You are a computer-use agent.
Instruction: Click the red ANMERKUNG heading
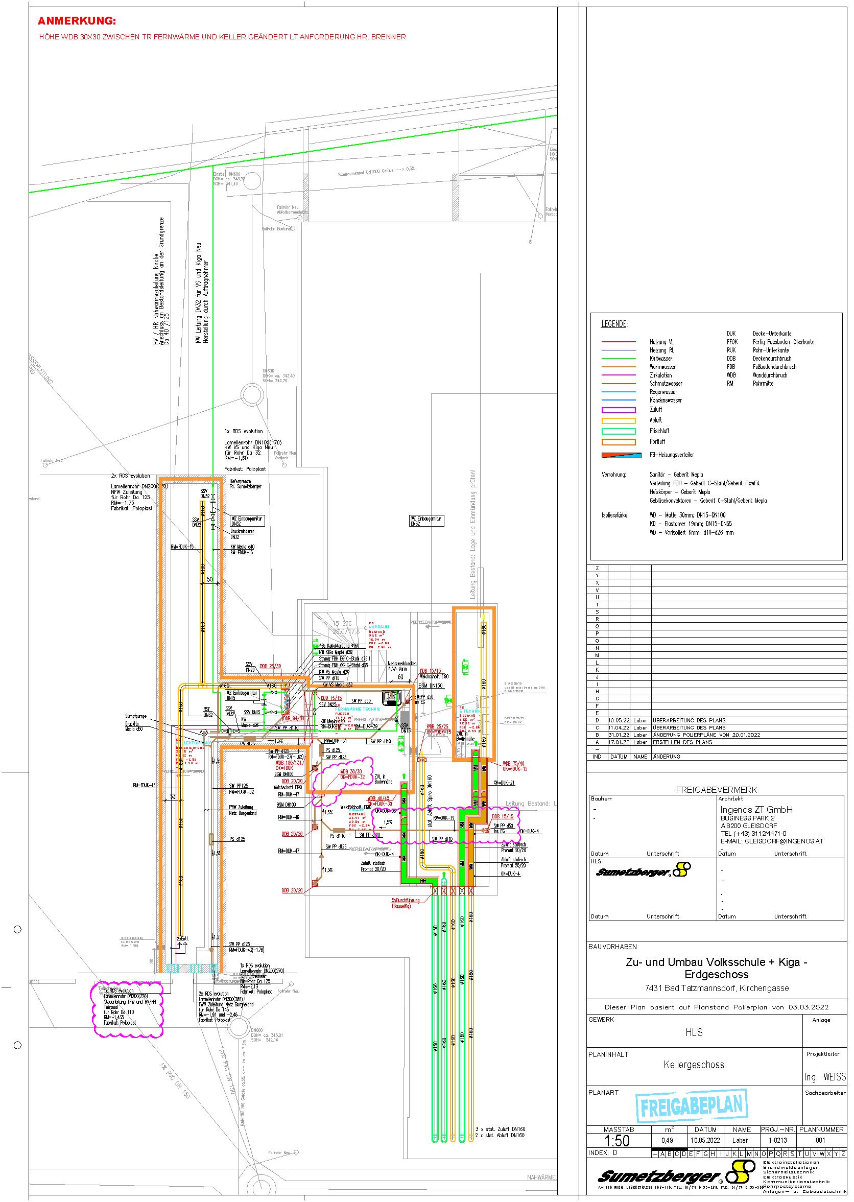(x=77, y=21)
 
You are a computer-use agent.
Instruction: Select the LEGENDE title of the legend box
(x=614, y=324)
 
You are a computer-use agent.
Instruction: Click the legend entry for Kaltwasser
(x=660, y=359)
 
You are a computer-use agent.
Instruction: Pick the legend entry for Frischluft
(x=659, y=431)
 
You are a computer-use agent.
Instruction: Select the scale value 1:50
(x=616, y=1141)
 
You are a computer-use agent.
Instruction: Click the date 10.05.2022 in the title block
(x=705, y=1140)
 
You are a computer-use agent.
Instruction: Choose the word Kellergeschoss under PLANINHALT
(x=694, y=1065)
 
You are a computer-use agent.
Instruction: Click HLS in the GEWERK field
(x=694, y=1032)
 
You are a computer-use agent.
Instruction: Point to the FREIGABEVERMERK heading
(x=716, y=790)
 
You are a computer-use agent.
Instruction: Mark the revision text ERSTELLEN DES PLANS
(x=683, y=742)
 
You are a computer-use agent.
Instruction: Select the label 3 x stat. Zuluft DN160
(x=500, y=1129)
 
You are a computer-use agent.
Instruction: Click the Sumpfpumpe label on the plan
(x=135, y=716)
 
